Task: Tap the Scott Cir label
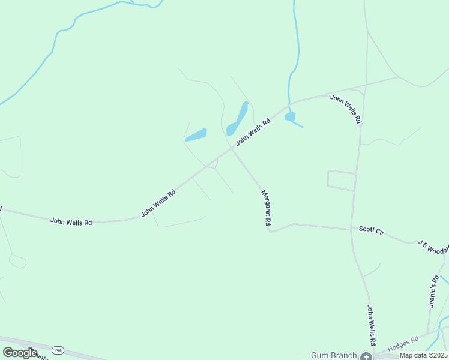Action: coord(371,230)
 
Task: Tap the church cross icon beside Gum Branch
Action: coord(366,356)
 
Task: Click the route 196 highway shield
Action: coord(58,350)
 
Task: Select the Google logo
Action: coord(20,353)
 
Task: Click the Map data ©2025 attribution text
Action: coord(423,355)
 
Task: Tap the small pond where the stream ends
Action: coord(290,116)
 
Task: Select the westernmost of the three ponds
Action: coord(196,135)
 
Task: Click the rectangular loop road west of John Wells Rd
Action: coord(341,180)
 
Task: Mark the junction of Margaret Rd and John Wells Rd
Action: coord(231,147)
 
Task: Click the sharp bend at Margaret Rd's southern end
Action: coord(271,230)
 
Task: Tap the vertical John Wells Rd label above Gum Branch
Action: coord(371,325)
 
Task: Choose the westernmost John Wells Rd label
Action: coord(71,221)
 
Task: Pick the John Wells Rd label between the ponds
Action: coord(253,131)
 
